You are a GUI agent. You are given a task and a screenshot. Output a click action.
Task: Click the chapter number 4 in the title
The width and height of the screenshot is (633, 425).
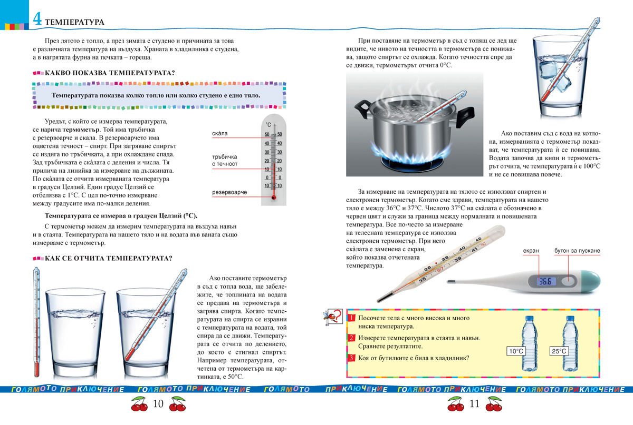click(37, 20)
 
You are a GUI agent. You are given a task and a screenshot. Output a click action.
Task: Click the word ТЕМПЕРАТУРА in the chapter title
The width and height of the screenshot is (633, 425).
click(74, 22)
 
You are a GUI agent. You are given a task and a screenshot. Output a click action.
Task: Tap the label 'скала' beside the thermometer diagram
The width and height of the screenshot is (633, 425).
click(219, 134)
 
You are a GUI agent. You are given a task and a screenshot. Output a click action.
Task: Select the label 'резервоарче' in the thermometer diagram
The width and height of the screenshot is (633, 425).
click(229, 193)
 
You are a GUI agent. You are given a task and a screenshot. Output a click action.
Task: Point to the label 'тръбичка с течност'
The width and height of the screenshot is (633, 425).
click(225, 160)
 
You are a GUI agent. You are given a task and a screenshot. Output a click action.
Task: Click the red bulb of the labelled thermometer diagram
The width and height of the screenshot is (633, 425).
click(274, 196)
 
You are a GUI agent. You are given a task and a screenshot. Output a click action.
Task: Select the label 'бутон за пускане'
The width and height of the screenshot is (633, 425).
click(577, 251)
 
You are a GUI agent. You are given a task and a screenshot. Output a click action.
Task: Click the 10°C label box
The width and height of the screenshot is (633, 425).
click(516, 351)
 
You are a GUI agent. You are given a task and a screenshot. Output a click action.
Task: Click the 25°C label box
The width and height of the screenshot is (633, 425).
click(559, 351)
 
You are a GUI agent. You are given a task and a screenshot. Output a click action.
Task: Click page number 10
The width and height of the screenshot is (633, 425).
click(159, 404)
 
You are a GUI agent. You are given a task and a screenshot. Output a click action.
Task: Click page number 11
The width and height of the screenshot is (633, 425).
click(474, 404)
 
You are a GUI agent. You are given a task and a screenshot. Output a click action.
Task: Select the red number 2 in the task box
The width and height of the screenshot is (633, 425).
click(352, 338)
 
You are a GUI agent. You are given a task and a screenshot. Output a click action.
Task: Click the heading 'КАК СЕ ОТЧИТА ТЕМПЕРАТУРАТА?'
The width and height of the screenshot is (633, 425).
click(109, 259)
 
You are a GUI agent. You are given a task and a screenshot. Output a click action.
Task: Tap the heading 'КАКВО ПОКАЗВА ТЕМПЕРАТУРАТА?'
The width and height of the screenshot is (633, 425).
click(110, 73)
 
